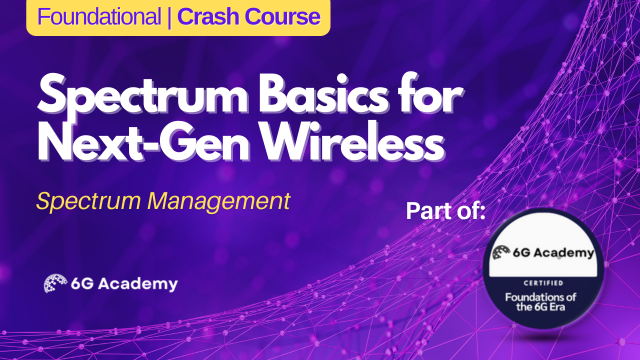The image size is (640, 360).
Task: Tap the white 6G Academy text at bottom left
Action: click(124, 284)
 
